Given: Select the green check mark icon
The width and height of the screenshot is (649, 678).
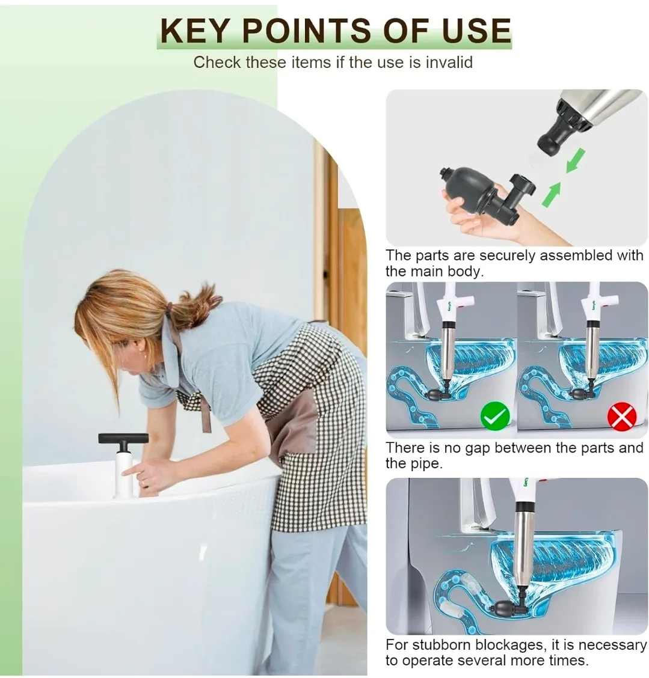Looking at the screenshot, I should tap(494, 416).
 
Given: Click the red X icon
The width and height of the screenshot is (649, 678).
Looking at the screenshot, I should tap(621, 416).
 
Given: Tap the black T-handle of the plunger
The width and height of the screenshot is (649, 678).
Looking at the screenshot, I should tap(123, 438).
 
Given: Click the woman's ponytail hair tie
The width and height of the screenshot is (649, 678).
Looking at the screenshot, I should tap(172, 308).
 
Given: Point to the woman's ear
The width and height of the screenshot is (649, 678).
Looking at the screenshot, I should tap(140, 349).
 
